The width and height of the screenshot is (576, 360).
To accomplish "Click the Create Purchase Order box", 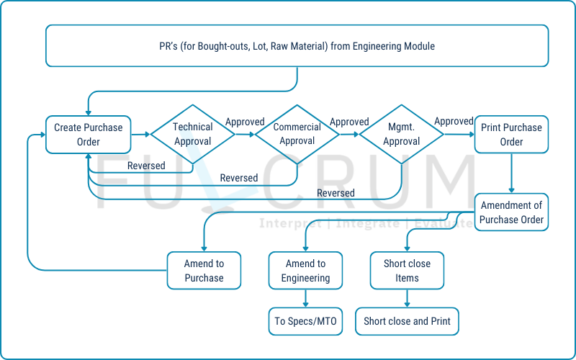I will click(89, 135).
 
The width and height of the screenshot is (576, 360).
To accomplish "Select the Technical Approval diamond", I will click(193, 135).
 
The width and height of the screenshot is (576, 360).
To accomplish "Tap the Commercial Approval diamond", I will click(297, 135).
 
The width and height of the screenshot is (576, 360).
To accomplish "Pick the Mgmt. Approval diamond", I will click(402, 135).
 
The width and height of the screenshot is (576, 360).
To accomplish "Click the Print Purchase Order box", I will click(511, 135).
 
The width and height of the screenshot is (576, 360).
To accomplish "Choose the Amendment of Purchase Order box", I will click(511, 212).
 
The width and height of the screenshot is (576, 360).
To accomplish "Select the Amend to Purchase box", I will click(204, 271).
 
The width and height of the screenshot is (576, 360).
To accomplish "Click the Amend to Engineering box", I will click(305, 271).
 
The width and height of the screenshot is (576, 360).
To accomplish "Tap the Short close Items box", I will click(407, 271).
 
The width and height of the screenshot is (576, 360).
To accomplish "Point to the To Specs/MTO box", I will click(305, 321).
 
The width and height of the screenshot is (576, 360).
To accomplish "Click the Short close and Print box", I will click(407, 321).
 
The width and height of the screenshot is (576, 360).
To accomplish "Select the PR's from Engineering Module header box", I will click(297, 46).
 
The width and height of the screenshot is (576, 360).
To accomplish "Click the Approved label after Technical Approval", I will click(245, 122).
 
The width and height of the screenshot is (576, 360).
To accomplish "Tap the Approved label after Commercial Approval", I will click(349, 122).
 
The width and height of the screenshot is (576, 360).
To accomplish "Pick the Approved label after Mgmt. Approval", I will click(454, 122).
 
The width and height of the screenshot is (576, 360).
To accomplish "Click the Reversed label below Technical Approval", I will click(146, 166).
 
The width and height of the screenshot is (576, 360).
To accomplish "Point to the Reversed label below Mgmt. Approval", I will click(336, 193).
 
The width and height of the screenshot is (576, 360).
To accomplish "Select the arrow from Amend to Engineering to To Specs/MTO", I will click(305, 298).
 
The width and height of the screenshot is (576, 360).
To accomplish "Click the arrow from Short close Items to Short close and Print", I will click(407, 298).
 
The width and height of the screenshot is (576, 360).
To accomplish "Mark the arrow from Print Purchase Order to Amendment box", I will click(511, 173).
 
